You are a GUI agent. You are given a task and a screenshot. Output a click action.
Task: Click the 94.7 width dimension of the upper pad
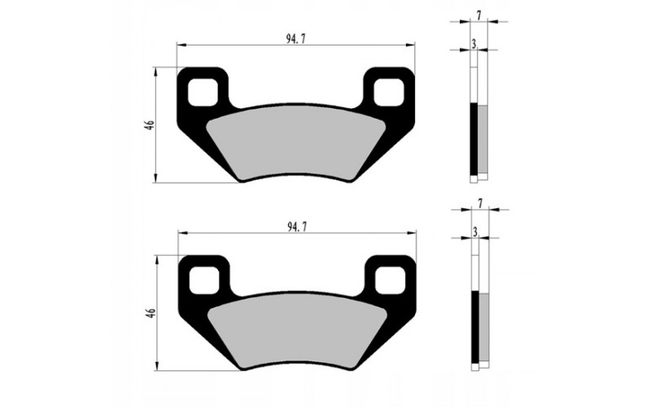pyautogui.click(x=296, y=37)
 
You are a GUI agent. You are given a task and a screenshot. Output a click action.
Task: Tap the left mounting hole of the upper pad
pyautogui.click(x=203, y=92)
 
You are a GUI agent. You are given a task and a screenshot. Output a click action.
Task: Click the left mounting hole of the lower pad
pyautogui.click(x=203, y=280)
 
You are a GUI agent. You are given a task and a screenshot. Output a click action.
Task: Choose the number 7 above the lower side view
pyautogui.click(x=481, y=201)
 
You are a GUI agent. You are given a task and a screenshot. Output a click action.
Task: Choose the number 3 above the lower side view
pyautogui.click(x=474, y=234)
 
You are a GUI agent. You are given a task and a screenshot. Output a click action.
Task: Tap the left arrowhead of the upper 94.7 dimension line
pyautogui.click(x=181, y=46)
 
